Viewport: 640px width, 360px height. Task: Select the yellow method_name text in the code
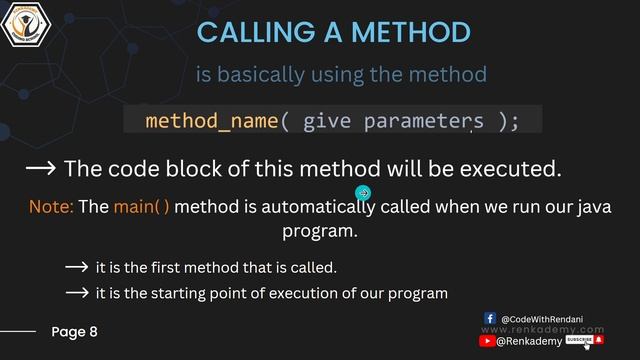(211, 121)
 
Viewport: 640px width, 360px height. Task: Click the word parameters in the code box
(424, 121)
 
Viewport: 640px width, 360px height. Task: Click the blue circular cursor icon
(363, 193)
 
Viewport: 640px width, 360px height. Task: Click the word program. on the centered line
(320, 231)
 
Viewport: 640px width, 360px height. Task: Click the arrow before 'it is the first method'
(77, 268)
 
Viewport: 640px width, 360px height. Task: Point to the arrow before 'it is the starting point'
(77, 293)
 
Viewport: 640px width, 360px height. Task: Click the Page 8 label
(75, 331)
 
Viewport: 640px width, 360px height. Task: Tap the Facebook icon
(490, 317)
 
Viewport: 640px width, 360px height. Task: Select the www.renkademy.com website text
(543, 329)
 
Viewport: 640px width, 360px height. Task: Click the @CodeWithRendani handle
(550, 317)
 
